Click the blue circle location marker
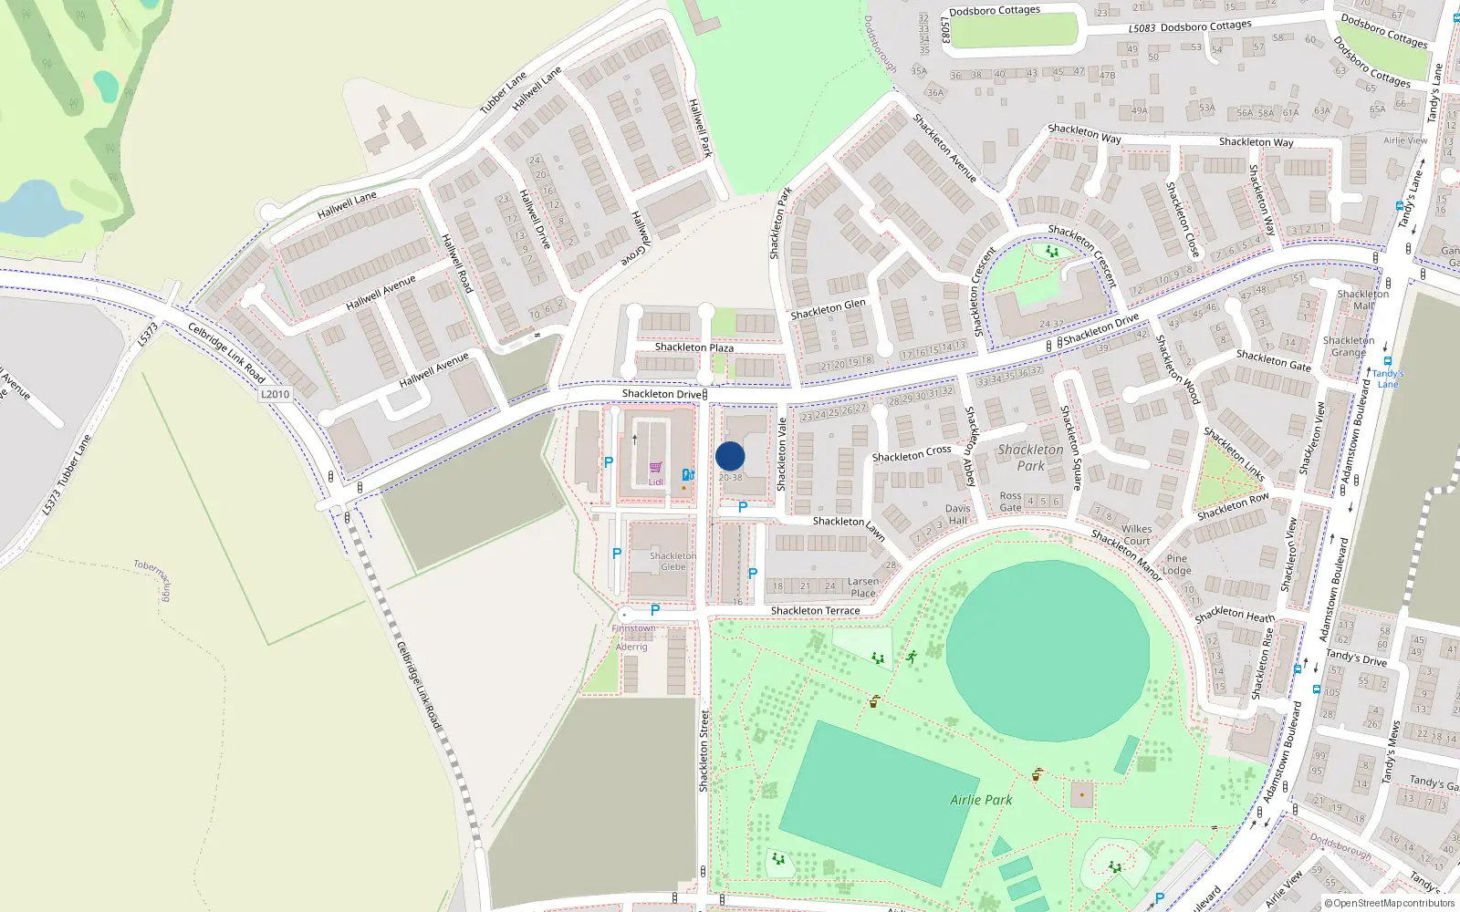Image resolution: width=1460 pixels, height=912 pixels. click(730, 456)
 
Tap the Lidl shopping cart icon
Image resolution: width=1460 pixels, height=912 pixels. click(656, 468)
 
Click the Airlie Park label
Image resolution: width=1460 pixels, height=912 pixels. click(981, 800)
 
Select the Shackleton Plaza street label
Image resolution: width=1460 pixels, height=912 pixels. click(693, 347)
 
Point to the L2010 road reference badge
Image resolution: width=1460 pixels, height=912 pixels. click(275, 394)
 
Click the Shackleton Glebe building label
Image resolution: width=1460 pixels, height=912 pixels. click(673, 561)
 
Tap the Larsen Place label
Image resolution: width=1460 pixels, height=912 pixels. click(863, 587)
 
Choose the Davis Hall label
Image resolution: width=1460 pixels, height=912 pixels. click(957, 514)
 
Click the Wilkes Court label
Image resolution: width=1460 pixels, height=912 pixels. click(1136, 534)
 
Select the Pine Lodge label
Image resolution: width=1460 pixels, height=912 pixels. click(1176, 565)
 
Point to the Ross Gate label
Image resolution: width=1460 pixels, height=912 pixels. click(1010, 502)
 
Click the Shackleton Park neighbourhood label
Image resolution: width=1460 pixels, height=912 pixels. click(1030, 457)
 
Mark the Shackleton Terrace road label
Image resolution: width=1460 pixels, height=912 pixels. click(815, 611)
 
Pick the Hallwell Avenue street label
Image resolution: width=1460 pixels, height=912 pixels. click(381, 292)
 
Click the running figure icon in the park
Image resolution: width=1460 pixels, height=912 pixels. click(911, 657)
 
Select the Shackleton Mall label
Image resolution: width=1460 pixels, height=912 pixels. click(1362, 300)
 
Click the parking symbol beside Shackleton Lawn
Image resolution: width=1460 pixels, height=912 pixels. click(742, 507)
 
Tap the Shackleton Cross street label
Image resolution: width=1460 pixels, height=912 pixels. click(911, 453)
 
